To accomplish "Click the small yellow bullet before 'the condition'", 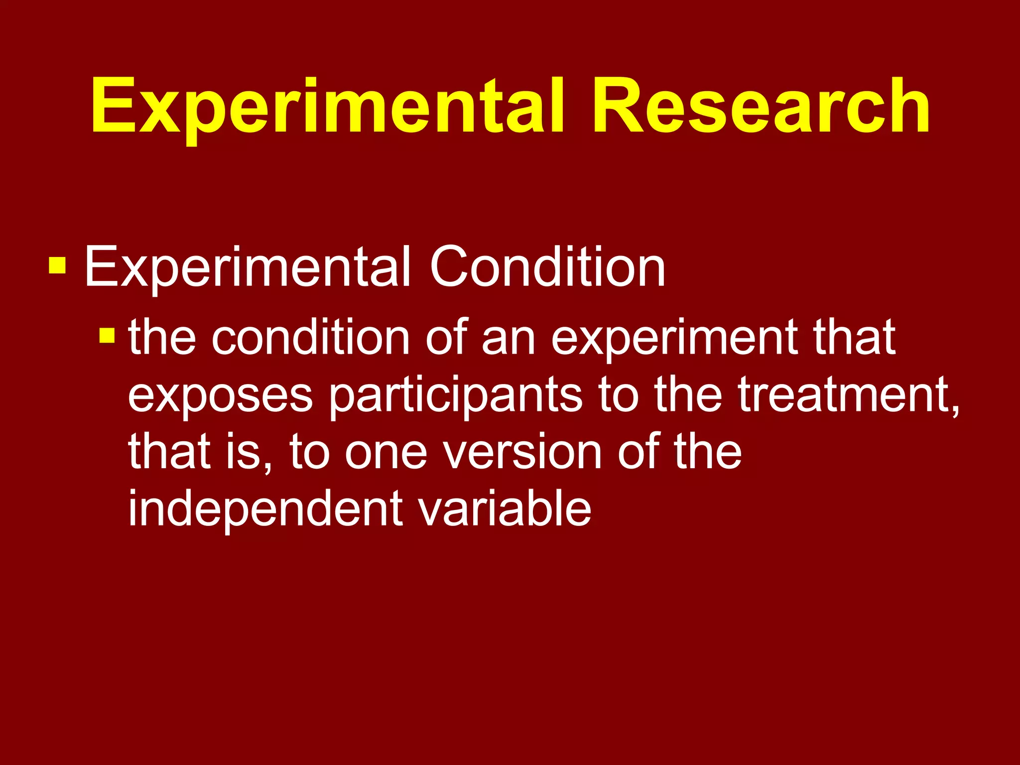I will point(107,336).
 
